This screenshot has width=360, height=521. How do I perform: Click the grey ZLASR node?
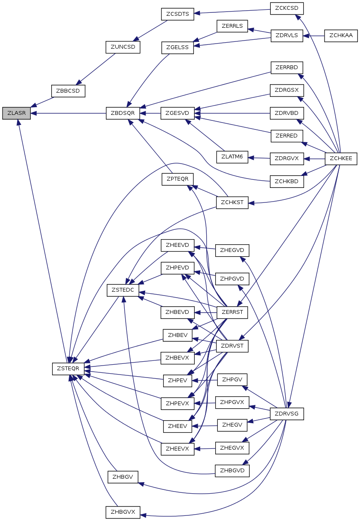(x=16, y=114)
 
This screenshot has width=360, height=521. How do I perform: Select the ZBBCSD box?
(x=68, y=91)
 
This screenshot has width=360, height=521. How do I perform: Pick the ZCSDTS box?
(x=178, y=14)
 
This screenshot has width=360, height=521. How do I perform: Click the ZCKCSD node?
(x=287, y=8)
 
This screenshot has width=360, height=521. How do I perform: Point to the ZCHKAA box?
(x=341, y=35)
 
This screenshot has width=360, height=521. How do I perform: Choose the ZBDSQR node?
(x=123, y=114)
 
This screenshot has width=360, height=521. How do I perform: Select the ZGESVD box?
(x=178, y=114)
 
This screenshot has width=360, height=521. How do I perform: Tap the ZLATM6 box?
(x=232, y=157)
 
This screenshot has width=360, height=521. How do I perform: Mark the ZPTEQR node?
(x=178, y=179)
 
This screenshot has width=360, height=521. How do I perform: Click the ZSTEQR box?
(x=68, y=368)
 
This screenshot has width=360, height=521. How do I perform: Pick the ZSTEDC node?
(x=123, y=290)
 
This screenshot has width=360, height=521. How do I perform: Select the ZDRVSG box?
(x=287, y=414)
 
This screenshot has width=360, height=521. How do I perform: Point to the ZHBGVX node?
(x=123, y=512)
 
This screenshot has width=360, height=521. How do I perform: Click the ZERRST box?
(x=232, y=312)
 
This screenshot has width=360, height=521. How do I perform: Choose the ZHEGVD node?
(x=232, y=250)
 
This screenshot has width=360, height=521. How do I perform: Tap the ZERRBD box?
(x=287, y=67)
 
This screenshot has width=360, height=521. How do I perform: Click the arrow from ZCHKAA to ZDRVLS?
(x=314, y=35)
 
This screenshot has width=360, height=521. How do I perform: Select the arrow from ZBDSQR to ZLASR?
(x=68, y=114)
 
